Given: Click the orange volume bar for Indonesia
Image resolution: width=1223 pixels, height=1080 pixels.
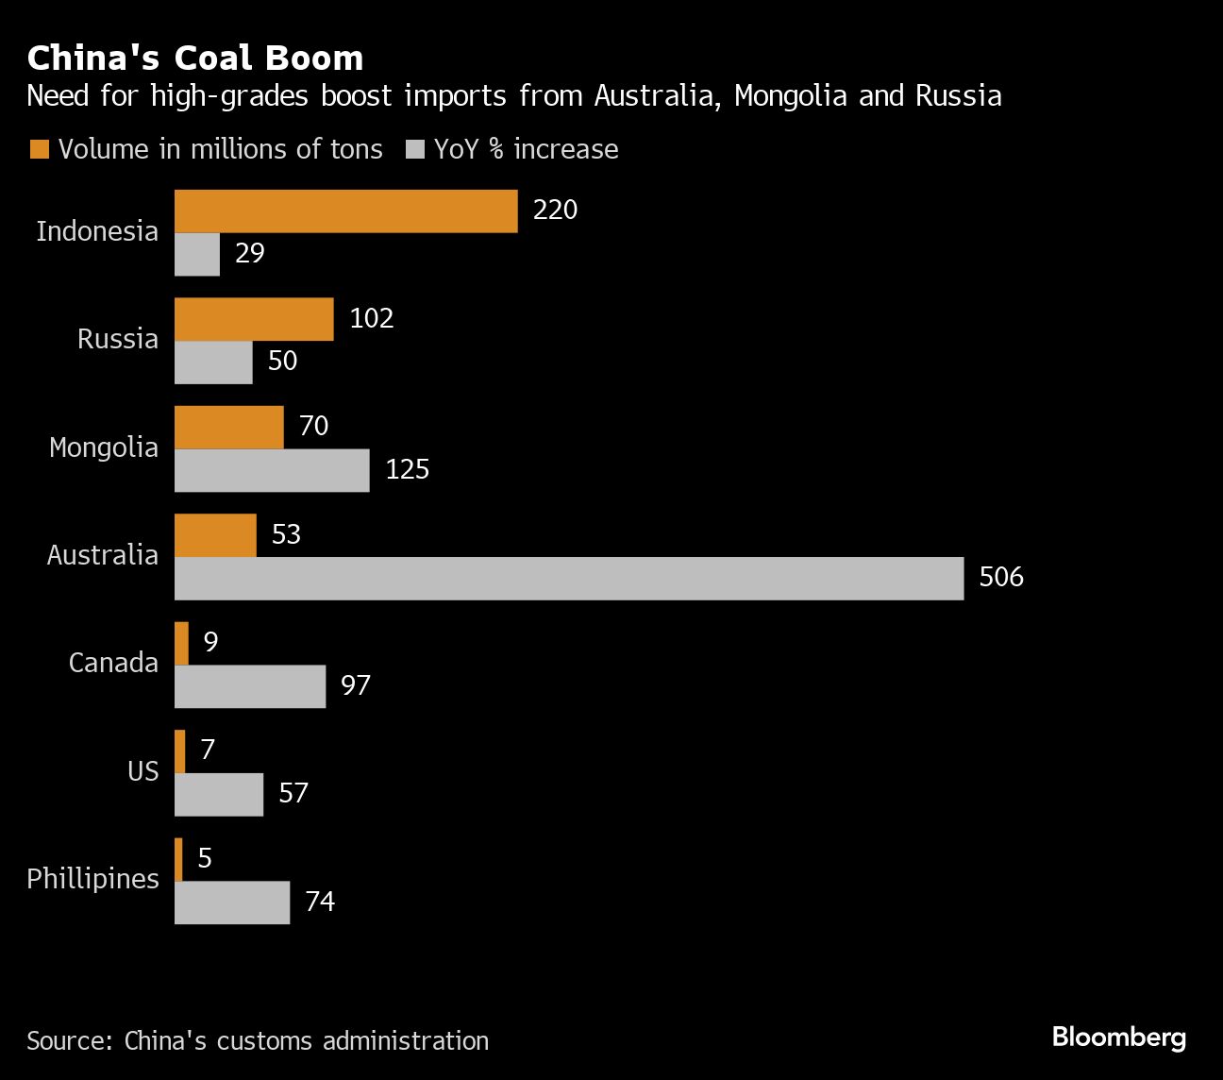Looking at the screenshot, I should pos(345,211).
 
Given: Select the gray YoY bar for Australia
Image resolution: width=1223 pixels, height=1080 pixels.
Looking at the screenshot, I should pos(569,578).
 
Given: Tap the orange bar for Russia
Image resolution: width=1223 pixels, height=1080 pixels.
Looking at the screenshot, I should pos(254,319).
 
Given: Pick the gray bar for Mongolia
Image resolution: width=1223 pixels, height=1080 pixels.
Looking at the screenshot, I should pos(272,470).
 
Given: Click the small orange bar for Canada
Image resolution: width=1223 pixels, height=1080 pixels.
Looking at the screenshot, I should pos(181,643).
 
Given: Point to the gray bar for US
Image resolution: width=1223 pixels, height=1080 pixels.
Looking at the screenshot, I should pos(219,794).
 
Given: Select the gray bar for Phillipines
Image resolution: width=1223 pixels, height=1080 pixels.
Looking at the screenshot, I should pos(232,903).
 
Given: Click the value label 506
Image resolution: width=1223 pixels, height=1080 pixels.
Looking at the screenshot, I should pos(1001,577).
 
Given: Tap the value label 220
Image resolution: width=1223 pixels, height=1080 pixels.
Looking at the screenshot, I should pos(555,210).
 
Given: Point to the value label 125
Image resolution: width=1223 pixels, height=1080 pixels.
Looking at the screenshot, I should pos(407,469).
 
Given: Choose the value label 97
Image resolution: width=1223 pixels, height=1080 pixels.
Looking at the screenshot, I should pos(356,685).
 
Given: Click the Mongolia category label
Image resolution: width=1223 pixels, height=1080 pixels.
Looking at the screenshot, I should pos(104,447).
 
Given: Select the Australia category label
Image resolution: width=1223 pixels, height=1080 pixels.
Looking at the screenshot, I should pos(103,555).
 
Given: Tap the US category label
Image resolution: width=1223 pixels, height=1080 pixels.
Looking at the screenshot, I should pos(143,771).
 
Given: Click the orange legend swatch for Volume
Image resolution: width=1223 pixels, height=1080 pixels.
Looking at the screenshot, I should pos(39,149).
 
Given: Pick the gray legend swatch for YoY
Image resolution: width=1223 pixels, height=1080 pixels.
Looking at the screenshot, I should pos(414,149).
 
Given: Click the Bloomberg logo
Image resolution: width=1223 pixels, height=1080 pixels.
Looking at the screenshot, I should pos(1118,1038).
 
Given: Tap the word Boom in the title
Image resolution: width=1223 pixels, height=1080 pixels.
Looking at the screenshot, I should pos(314,59).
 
